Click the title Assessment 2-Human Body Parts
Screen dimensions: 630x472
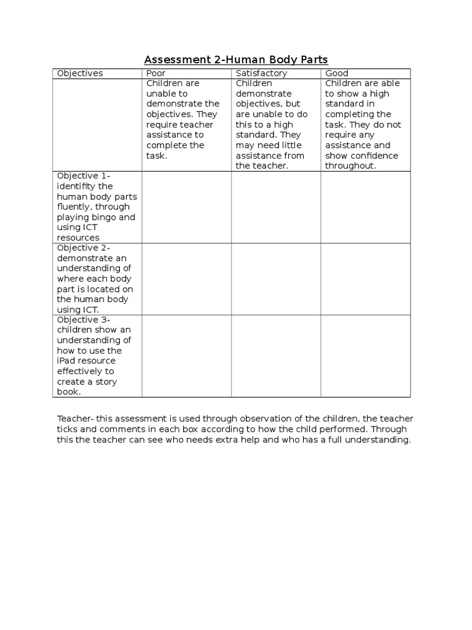[236, 60]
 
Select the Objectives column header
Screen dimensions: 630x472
[80, 73]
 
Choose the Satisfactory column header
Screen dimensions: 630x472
[261, 73]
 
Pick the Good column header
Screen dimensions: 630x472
[337, 73]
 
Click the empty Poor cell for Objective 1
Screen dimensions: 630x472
[186, 207]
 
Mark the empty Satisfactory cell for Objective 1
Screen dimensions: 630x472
[276, 207]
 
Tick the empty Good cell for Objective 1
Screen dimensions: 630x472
[366, 207]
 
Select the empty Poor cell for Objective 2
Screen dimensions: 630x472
[186, 279]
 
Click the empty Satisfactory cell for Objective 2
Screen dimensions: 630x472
[276, 279]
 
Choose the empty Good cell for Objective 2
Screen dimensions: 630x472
[366, 279]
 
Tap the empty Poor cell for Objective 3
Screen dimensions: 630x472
[186, 356]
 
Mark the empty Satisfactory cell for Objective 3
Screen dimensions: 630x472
[276, 356]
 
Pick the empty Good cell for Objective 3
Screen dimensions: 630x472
[366, 356]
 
